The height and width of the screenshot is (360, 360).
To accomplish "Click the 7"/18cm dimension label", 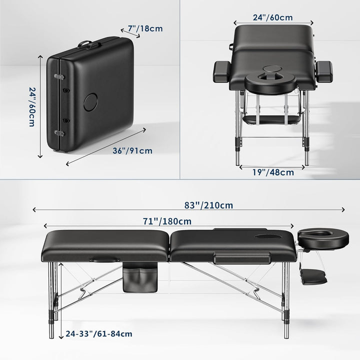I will [145, 29].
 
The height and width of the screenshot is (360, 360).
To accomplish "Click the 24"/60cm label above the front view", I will [272, 17].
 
